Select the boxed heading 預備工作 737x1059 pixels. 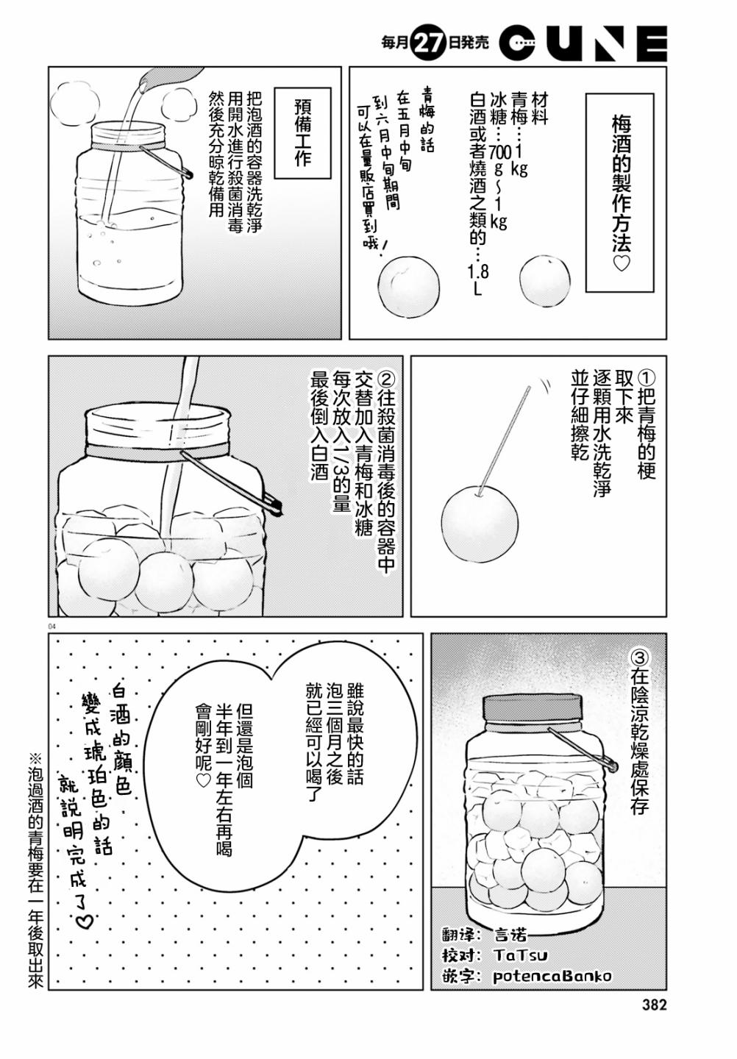pos(302,135)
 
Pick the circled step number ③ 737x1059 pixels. pos(640,656)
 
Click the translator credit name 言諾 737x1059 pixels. pos(510,935)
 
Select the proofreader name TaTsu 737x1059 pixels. pos(521,955)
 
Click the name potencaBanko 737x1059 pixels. pos(552,976)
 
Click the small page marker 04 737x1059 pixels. pos(51,627)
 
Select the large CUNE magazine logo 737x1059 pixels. pos(583,43)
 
